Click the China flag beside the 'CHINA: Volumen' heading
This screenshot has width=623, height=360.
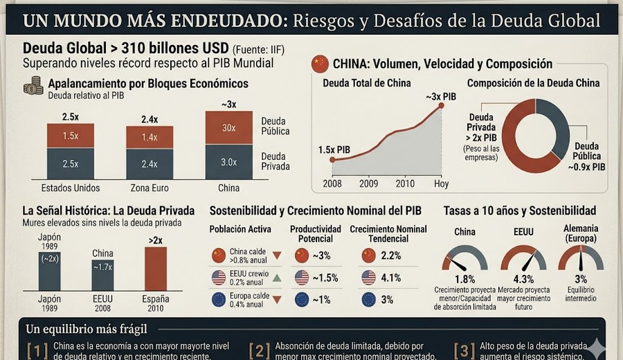[320, 64]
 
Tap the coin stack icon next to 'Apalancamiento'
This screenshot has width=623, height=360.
[33, 87]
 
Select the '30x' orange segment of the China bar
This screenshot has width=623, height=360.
[228, 127]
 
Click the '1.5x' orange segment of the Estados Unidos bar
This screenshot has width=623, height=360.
[70, 136]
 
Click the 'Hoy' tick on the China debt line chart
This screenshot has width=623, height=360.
[441, 184]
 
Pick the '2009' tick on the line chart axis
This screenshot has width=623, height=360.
[369, 184]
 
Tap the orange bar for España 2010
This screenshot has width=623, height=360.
[156, 269]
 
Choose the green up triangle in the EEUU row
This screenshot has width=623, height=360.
[277, 278]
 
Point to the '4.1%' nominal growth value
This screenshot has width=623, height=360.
[392, 278]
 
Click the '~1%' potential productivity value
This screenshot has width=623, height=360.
[322, 300]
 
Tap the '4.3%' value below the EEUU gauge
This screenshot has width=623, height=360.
[523, 279]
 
